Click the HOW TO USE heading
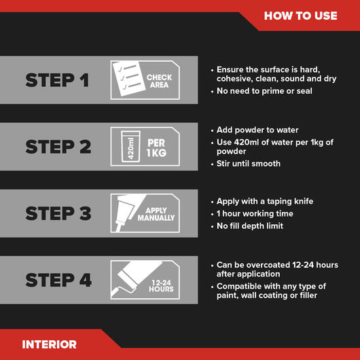point(300,16)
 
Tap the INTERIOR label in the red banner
point(49,344)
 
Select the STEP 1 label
point(57,80)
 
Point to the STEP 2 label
point(58,147)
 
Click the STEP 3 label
point(58,213)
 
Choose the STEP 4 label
point(58,280)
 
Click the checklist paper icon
point(129,79)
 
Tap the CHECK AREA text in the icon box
point(159,81)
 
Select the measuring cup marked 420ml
point(130,147)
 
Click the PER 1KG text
point(156,148)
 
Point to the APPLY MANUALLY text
point(156,214)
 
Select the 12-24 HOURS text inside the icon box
point(161,286)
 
